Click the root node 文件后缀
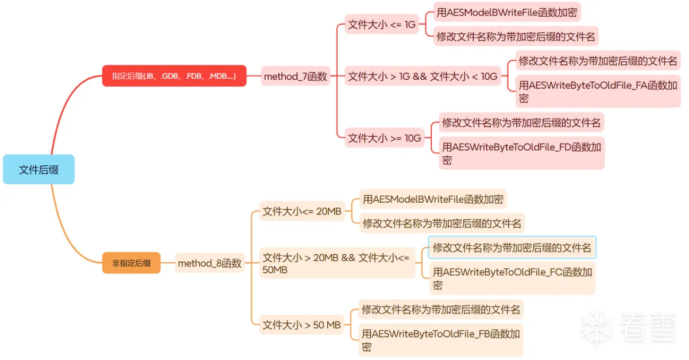[x=38, y=169]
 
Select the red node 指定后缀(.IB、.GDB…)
[x=174, y=76]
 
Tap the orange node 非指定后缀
[x=131, y=263]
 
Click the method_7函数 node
[x=295, y=76]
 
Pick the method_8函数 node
[x=210, y=264]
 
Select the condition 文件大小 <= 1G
[x=381, y=25]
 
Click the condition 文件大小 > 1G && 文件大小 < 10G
[x=423, y=76]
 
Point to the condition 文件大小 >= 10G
[x=385, y=138]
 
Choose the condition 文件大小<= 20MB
[x=302, y=211]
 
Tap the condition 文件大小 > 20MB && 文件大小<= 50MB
[x=336, y=264]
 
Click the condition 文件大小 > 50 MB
[x=302, y=325]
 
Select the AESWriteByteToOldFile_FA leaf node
[x=598, y=91]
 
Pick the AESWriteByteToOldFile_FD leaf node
[x=521, y=153]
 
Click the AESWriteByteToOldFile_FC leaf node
[x=512, y=278]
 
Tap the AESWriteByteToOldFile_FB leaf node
[x=440, y=340]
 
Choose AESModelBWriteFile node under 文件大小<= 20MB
[x=433, y=199]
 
